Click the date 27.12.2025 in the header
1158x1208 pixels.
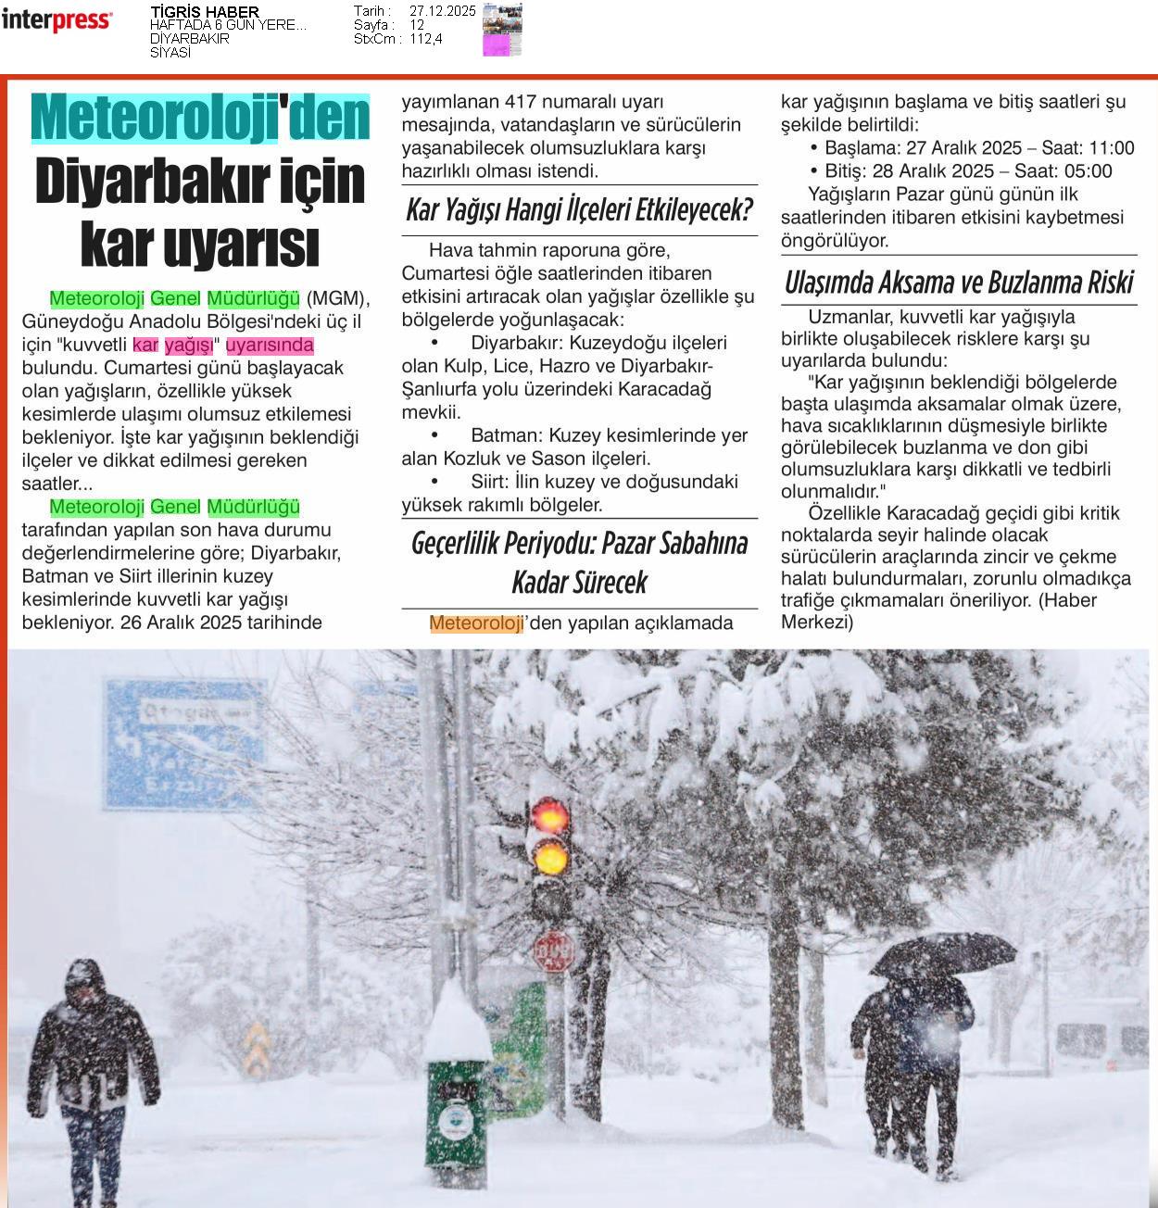coord(442,11)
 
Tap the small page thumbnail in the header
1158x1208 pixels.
coord(502,30)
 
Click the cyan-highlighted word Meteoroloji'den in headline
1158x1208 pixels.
coord(200,119)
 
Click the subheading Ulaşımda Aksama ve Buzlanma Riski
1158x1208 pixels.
coord(958,283)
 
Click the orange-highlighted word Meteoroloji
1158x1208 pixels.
coord(476,623)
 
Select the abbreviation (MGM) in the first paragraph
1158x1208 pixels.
coord(337,298)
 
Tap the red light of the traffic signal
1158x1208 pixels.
coord(551,816)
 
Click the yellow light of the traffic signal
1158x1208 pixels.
coord(551,858)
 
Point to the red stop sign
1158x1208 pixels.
coord(553,951)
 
